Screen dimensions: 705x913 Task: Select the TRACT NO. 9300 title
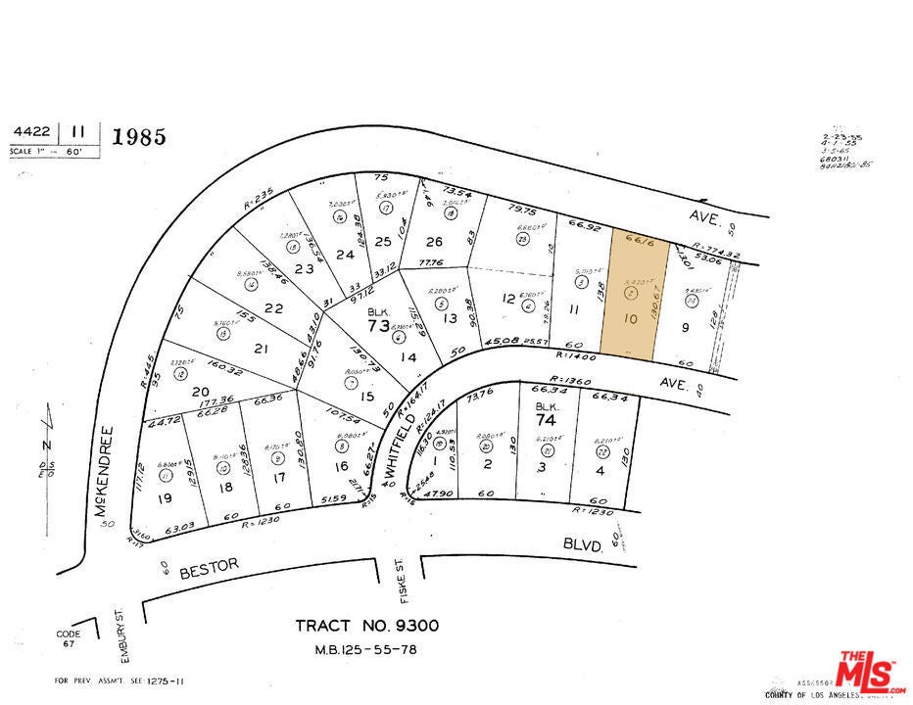click(367, 626)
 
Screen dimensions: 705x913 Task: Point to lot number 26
click(434, 242)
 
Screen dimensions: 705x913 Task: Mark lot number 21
click(260, 348)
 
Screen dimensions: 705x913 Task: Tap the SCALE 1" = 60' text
click(54, 152)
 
